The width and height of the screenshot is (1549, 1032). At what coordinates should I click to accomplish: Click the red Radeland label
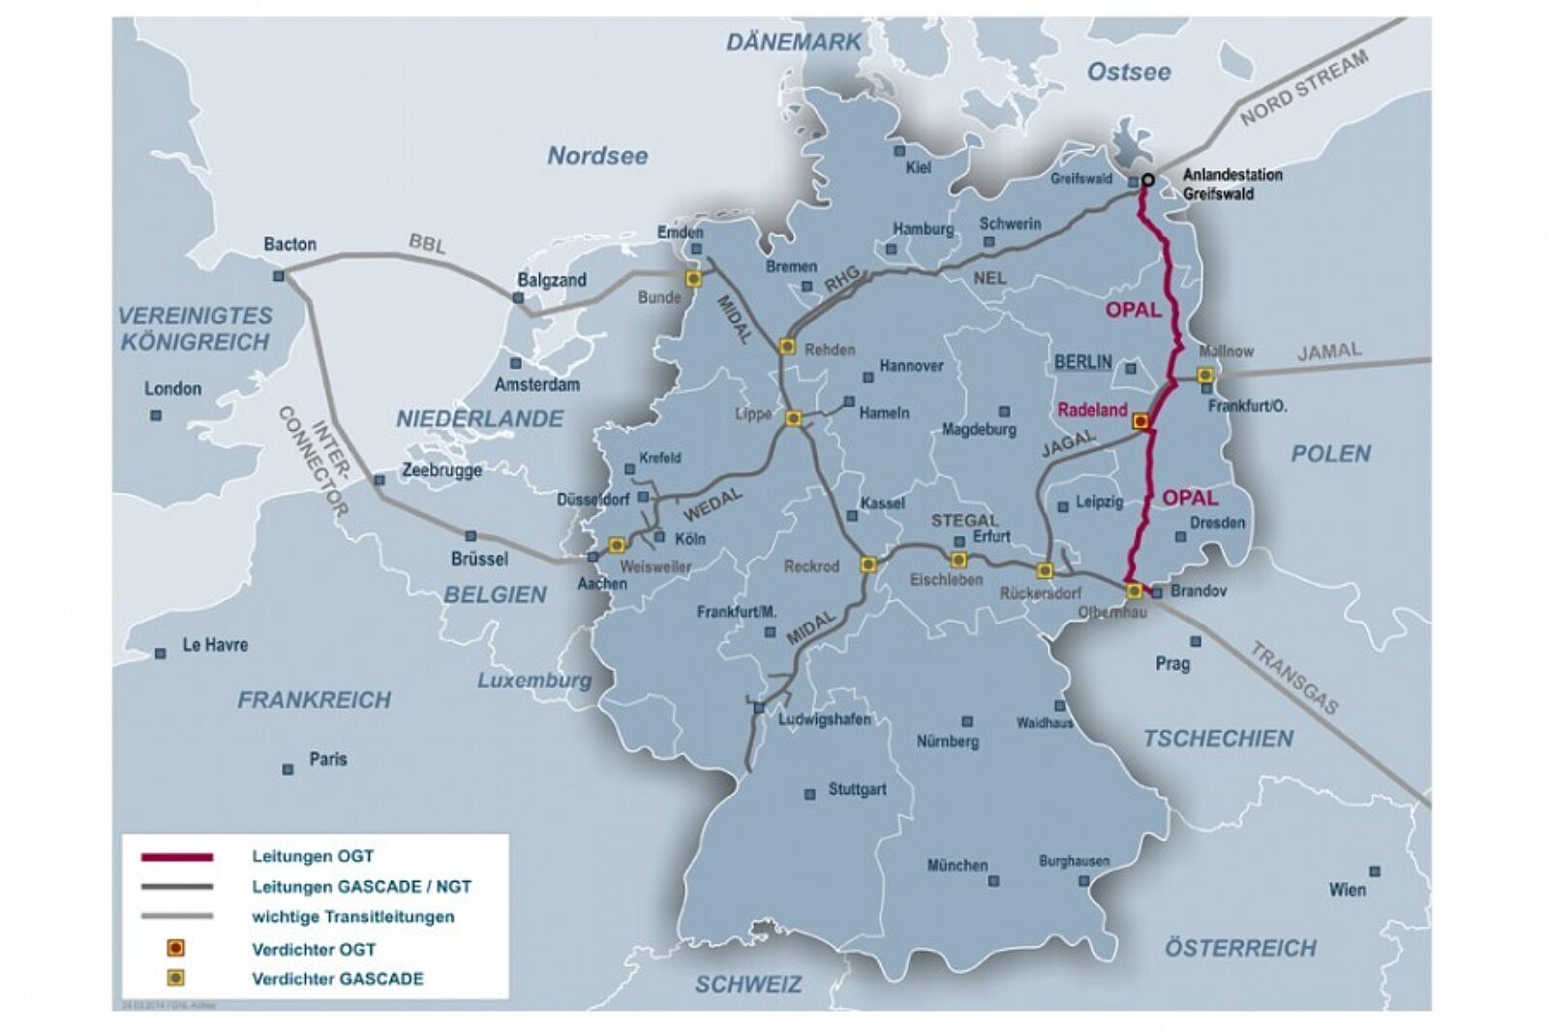1092,410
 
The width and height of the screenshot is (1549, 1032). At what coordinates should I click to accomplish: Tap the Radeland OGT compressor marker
1141,421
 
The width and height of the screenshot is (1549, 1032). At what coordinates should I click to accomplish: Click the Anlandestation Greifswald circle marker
1148,179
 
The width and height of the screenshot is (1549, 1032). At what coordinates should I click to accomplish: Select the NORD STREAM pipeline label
1304,87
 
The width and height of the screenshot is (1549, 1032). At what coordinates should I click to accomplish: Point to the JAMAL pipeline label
1328,351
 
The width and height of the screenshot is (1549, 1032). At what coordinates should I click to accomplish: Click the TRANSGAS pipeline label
1293,679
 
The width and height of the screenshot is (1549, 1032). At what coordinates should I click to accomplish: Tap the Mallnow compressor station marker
1205,375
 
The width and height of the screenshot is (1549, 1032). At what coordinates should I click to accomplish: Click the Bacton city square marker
279,276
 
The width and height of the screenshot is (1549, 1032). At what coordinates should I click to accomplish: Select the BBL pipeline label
427,244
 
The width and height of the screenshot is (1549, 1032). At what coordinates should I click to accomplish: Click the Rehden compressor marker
787,347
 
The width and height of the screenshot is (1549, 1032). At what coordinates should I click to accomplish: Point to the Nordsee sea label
597,156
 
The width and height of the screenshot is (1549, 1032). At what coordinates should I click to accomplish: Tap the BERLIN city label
1083,362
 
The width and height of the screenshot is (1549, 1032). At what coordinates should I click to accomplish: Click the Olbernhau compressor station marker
1134,591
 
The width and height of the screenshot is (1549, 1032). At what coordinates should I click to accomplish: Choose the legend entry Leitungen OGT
312,857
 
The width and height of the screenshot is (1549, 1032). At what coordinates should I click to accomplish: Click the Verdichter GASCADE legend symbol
176,978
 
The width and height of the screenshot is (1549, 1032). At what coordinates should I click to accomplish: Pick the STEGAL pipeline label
964,521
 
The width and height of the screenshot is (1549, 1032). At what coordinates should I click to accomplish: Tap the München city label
957,865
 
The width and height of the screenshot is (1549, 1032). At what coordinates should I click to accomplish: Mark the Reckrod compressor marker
868,563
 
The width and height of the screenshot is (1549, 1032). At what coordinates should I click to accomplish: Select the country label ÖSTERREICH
1240,948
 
